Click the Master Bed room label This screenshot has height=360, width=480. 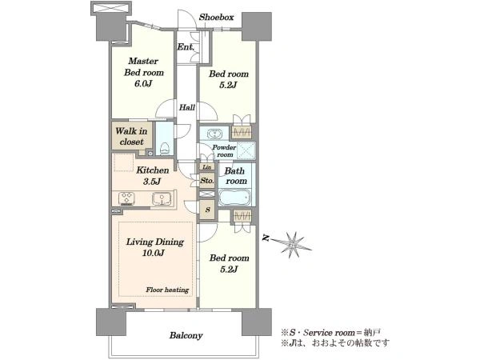click(143, 66)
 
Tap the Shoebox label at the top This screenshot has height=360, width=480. click(216, 17)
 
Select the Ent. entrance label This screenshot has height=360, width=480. click(186, 47)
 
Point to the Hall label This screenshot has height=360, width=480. click(186, 107)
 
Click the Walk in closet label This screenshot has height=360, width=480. click(131, 136)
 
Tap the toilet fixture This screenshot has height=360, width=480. click(165, 148)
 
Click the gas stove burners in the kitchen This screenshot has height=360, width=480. click(126, 198)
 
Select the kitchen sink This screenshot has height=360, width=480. click(161, 198)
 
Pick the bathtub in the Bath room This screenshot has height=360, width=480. click(234, 198)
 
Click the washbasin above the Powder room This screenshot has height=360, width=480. click(214, 134)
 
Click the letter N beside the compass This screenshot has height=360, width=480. click(266, 238)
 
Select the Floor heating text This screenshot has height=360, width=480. click(167, 290)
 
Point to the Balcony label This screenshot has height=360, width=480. click(186, 335)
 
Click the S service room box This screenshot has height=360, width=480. click(208, 210)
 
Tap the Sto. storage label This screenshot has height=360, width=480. click(207, 181)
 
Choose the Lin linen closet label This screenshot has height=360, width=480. click(207, 167)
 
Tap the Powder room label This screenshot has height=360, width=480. click(224, 151)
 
